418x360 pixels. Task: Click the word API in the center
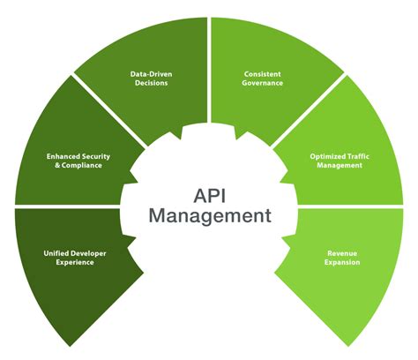point(208,191)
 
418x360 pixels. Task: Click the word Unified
point(56,251)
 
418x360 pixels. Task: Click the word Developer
point(86,251)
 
